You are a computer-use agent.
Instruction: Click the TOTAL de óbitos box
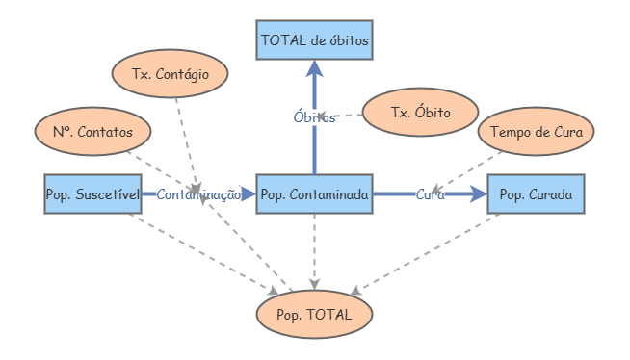pyautogui.click(x=314, y=41)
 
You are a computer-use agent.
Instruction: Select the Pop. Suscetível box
pyautogui.click(x=92, y=194)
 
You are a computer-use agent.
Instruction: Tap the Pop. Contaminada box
pyautogui.click(x=314, y=194)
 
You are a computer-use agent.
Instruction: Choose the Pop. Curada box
pyautogui.click(x=536, y=194)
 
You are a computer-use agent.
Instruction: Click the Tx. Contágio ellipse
pyautogui.click(x=170, y=73)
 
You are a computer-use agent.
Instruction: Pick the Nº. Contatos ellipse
pyautogui.click(x=92, y=131)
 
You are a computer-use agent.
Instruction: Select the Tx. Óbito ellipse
pyautogui.click(x=420, y=112)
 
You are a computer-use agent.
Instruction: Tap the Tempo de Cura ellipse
pyautogui.click(x=536, y=131)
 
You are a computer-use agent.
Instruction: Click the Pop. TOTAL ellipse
pyautogui.click(x=314, y=315)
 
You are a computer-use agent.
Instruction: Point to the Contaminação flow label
pyautogui.click(x=198, y=194)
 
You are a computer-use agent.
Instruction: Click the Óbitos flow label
pyautogui.click(x=314, y=117)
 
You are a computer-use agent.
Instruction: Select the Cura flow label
pyautogui.click(x=430, y=194)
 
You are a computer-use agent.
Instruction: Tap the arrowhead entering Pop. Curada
pyautogui.click(x=479, y=194)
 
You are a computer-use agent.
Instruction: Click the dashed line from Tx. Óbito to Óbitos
pyautogui.click(x=351, y=116)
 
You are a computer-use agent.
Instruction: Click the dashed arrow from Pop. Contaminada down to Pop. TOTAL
pyautogui.click(x=314, y=245)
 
